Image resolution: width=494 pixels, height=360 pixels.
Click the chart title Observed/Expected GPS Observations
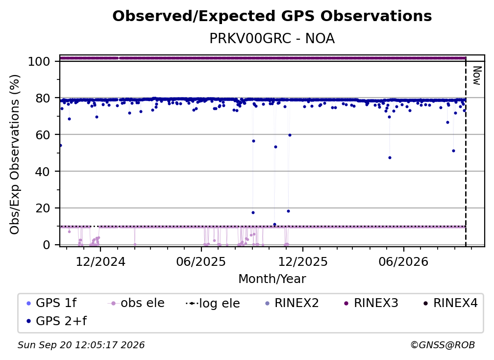click(272, 16)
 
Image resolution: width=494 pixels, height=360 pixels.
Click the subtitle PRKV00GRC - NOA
click(272, 38)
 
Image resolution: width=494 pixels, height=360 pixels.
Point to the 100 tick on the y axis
click(39, 61)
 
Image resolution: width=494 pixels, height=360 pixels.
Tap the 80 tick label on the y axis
click(43, 99)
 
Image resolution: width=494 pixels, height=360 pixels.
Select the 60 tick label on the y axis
click(43, 135)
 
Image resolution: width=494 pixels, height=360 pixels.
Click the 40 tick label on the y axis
click(43, 172)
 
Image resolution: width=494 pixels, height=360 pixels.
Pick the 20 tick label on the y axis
click(43, 208)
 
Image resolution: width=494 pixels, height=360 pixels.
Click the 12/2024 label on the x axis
click(100, 262)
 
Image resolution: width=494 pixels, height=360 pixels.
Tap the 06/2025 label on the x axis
click(201, 262)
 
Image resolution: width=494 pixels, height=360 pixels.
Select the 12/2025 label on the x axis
click(303, 262)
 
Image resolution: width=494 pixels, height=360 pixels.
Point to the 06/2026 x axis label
click(404, 262)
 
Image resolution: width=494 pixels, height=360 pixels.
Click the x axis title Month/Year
click(272, 279)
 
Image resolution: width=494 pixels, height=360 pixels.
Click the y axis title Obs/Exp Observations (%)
click(15, 154)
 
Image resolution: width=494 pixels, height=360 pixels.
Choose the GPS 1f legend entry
click(51, 303)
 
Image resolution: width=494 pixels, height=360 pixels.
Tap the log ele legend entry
click(213, 304)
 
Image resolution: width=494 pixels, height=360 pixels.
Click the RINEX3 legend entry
click(371, 303)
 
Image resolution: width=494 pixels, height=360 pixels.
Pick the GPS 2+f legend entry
click(56, 321)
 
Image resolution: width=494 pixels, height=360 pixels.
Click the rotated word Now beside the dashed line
click(477, 76)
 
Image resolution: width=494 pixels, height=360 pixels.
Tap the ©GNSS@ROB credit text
click(443, 345)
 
